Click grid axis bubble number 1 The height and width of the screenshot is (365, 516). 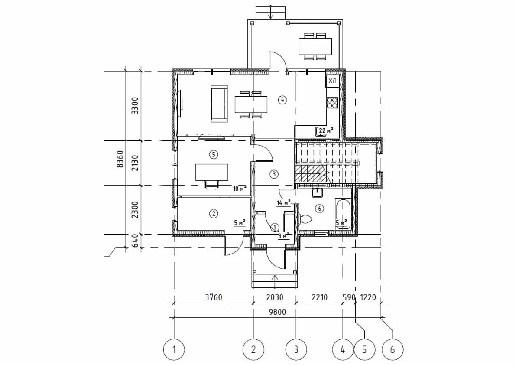[x=174, y=349]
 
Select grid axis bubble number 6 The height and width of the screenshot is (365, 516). [x=393, y=349]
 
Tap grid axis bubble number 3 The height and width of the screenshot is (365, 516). [x=296, y=349]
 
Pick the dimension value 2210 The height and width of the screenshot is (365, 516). [x=319, y=297]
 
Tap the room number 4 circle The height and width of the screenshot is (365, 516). [x=282, y=100]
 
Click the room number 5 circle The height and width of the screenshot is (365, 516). [x=212, y=154]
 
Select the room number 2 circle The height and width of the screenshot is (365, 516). [x=213, y=213]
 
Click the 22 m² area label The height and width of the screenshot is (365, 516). [x=325, y=131]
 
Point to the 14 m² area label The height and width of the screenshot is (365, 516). [x=283, y=202]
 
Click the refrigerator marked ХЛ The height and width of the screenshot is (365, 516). [x=332, y=81]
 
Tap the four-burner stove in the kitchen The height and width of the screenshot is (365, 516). [x=332, y=102]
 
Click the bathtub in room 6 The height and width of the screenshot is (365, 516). [x=343, y=213]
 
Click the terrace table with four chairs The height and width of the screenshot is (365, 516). [x=315, y=46]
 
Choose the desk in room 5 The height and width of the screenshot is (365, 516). [x=212, y=172]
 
